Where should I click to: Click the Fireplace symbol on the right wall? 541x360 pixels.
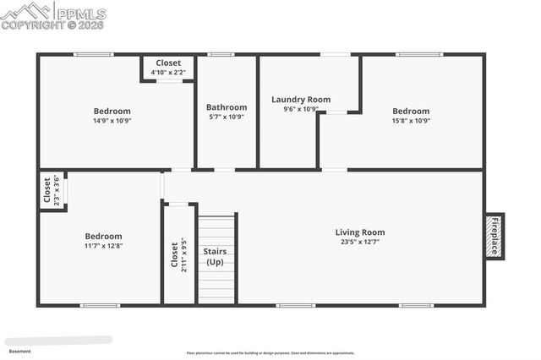point(495,236)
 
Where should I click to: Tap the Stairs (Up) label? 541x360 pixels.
point(215,257)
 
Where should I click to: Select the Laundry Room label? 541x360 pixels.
point(294,100)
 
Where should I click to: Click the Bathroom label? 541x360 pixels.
point(227,107)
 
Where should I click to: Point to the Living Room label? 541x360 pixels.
point(359,232)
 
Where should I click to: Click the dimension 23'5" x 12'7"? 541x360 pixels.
point(359,242)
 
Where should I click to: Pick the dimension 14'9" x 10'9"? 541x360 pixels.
point(112,121)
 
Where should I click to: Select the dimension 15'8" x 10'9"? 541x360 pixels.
point(411,121)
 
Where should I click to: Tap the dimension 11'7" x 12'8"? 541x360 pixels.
point(103,246)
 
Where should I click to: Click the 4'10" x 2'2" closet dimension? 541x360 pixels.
point(168,72)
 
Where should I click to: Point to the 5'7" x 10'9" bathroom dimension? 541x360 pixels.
point(227,117)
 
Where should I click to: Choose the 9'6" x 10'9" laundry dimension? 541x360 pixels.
point(294,109)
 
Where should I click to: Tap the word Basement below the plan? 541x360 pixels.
point(19,351)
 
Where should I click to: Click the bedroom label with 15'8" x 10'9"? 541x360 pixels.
point(411,112)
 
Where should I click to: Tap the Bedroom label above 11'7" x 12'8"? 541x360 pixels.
point(103,237)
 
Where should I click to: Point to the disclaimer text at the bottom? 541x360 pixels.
point(270,353)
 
